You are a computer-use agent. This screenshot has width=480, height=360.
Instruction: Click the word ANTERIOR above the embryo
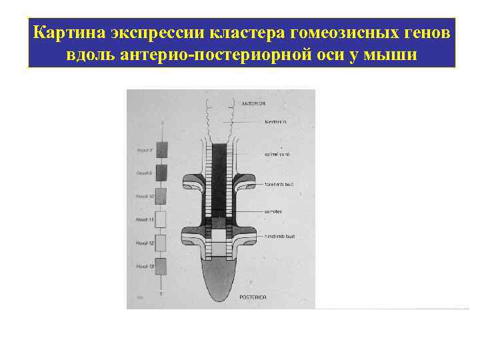click(x=253, y=104)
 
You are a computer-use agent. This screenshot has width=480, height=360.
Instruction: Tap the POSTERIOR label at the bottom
click(x=253, y=297)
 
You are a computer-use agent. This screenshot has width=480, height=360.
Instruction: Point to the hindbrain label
click(x=275, y=122)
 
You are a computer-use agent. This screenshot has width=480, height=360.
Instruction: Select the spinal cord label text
click(x=277, y=154)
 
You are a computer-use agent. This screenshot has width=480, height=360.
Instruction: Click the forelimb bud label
click(x=281, y=185)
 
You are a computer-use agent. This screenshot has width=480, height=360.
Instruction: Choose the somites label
click(x=273, y=211)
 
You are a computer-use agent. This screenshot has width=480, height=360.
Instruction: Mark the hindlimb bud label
click(x=281, y=237)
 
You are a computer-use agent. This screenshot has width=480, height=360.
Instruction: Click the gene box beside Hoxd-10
click(x=161, y=196)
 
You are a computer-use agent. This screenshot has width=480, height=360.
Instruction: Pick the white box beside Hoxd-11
click(x=161, y=219)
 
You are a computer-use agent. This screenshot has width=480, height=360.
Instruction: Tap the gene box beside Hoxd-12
click(x=161, y=243)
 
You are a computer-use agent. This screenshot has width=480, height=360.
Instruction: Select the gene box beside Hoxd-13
click(x=161, y=266)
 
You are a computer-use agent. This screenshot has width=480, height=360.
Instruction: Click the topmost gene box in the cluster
click(x=161, y=150)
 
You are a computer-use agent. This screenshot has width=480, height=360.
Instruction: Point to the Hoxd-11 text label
click(x=145, y=219)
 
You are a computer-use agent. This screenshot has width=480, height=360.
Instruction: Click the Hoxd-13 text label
click(x=145, y=266)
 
